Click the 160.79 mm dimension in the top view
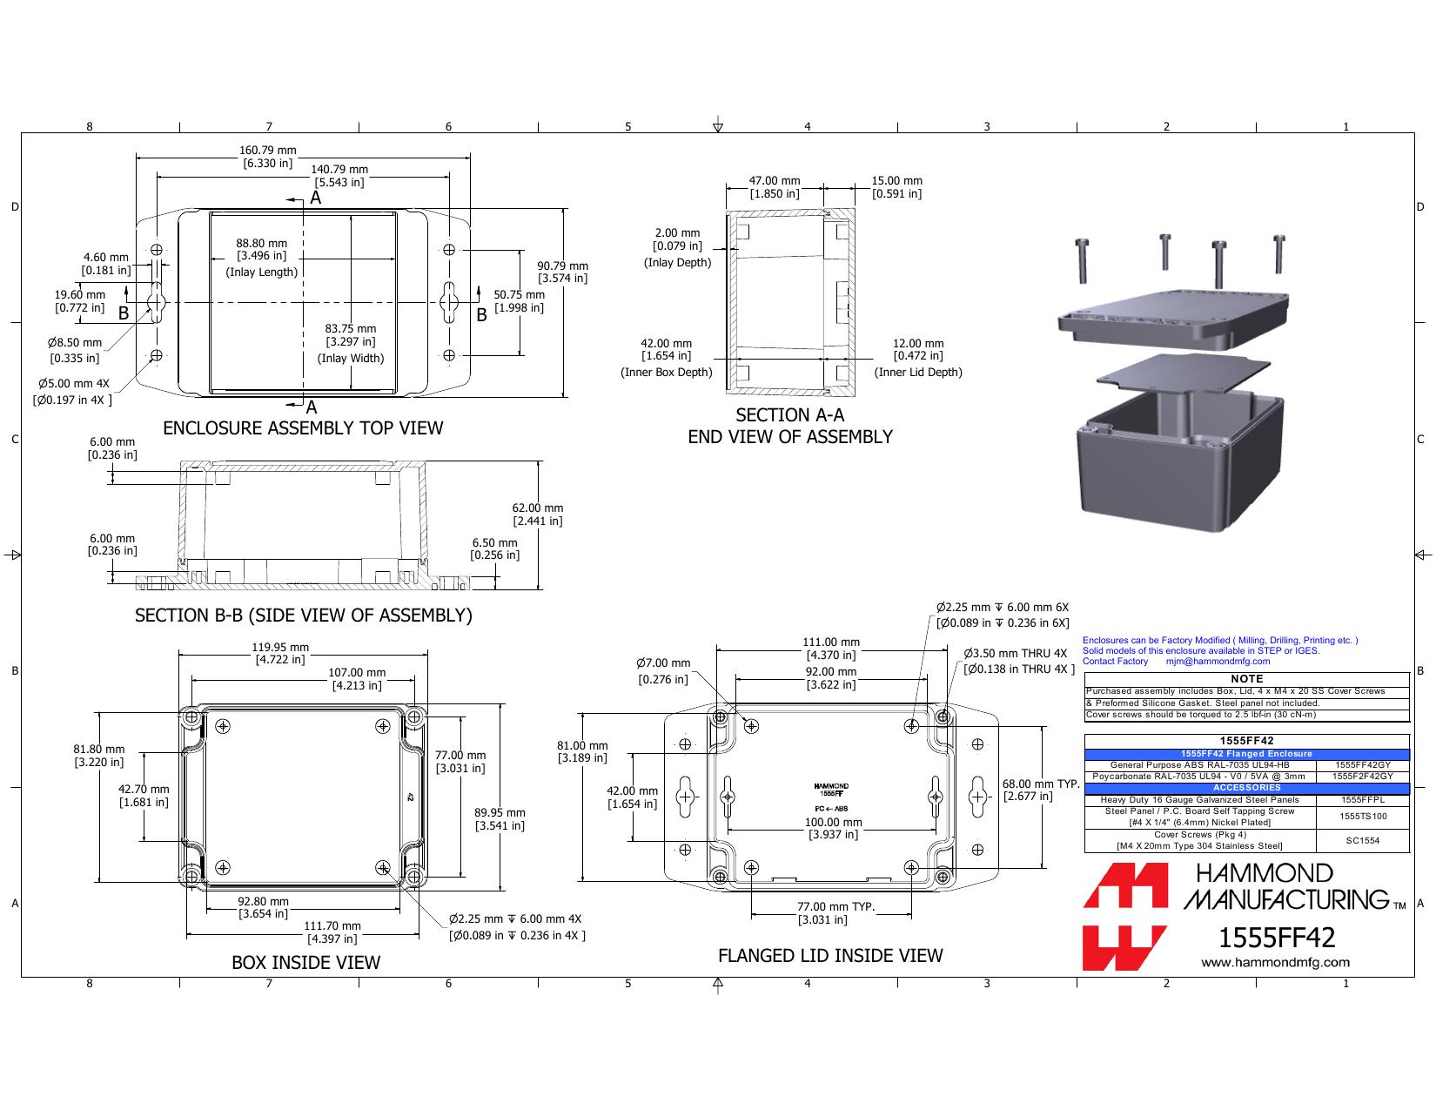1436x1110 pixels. pos(268,151)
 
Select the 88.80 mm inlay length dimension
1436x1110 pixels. pos(262,243)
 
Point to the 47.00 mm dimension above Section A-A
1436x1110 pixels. pos(774,180)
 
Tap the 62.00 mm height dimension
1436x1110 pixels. pos(537,508)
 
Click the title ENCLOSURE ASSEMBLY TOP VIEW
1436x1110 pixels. pos(303,427)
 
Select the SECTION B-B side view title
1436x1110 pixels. pos(304,616)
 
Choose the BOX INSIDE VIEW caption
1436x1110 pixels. pos(306,962)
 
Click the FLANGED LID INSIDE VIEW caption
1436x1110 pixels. pos(830,955)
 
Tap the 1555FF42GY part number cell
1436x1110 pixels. pos(1363,765)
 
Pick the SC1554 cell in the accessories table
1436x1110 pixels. pos(1363,840)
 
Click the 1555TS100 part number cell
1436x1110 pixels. pos(1363,817)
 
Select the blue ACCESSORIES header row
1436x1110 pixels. pos(1246,787)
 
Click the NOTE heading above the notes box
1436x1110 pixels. pos(1246,679)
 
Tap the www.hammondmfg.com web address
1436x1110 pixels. pos(1275,963)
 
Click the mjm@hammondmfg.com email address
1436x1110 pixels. pos(1218,661)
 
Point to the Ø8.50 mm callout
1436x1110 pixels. pos(75,342)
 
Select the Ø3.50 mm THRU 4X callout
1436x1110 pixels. pos(1016,653)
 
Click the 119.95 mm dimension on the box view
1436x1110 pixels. pos(280,647)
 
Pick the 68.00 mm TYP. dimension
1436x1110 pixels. pos(1040,784)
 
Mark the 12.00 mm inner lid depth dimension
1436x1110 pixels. pos(918,343)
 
